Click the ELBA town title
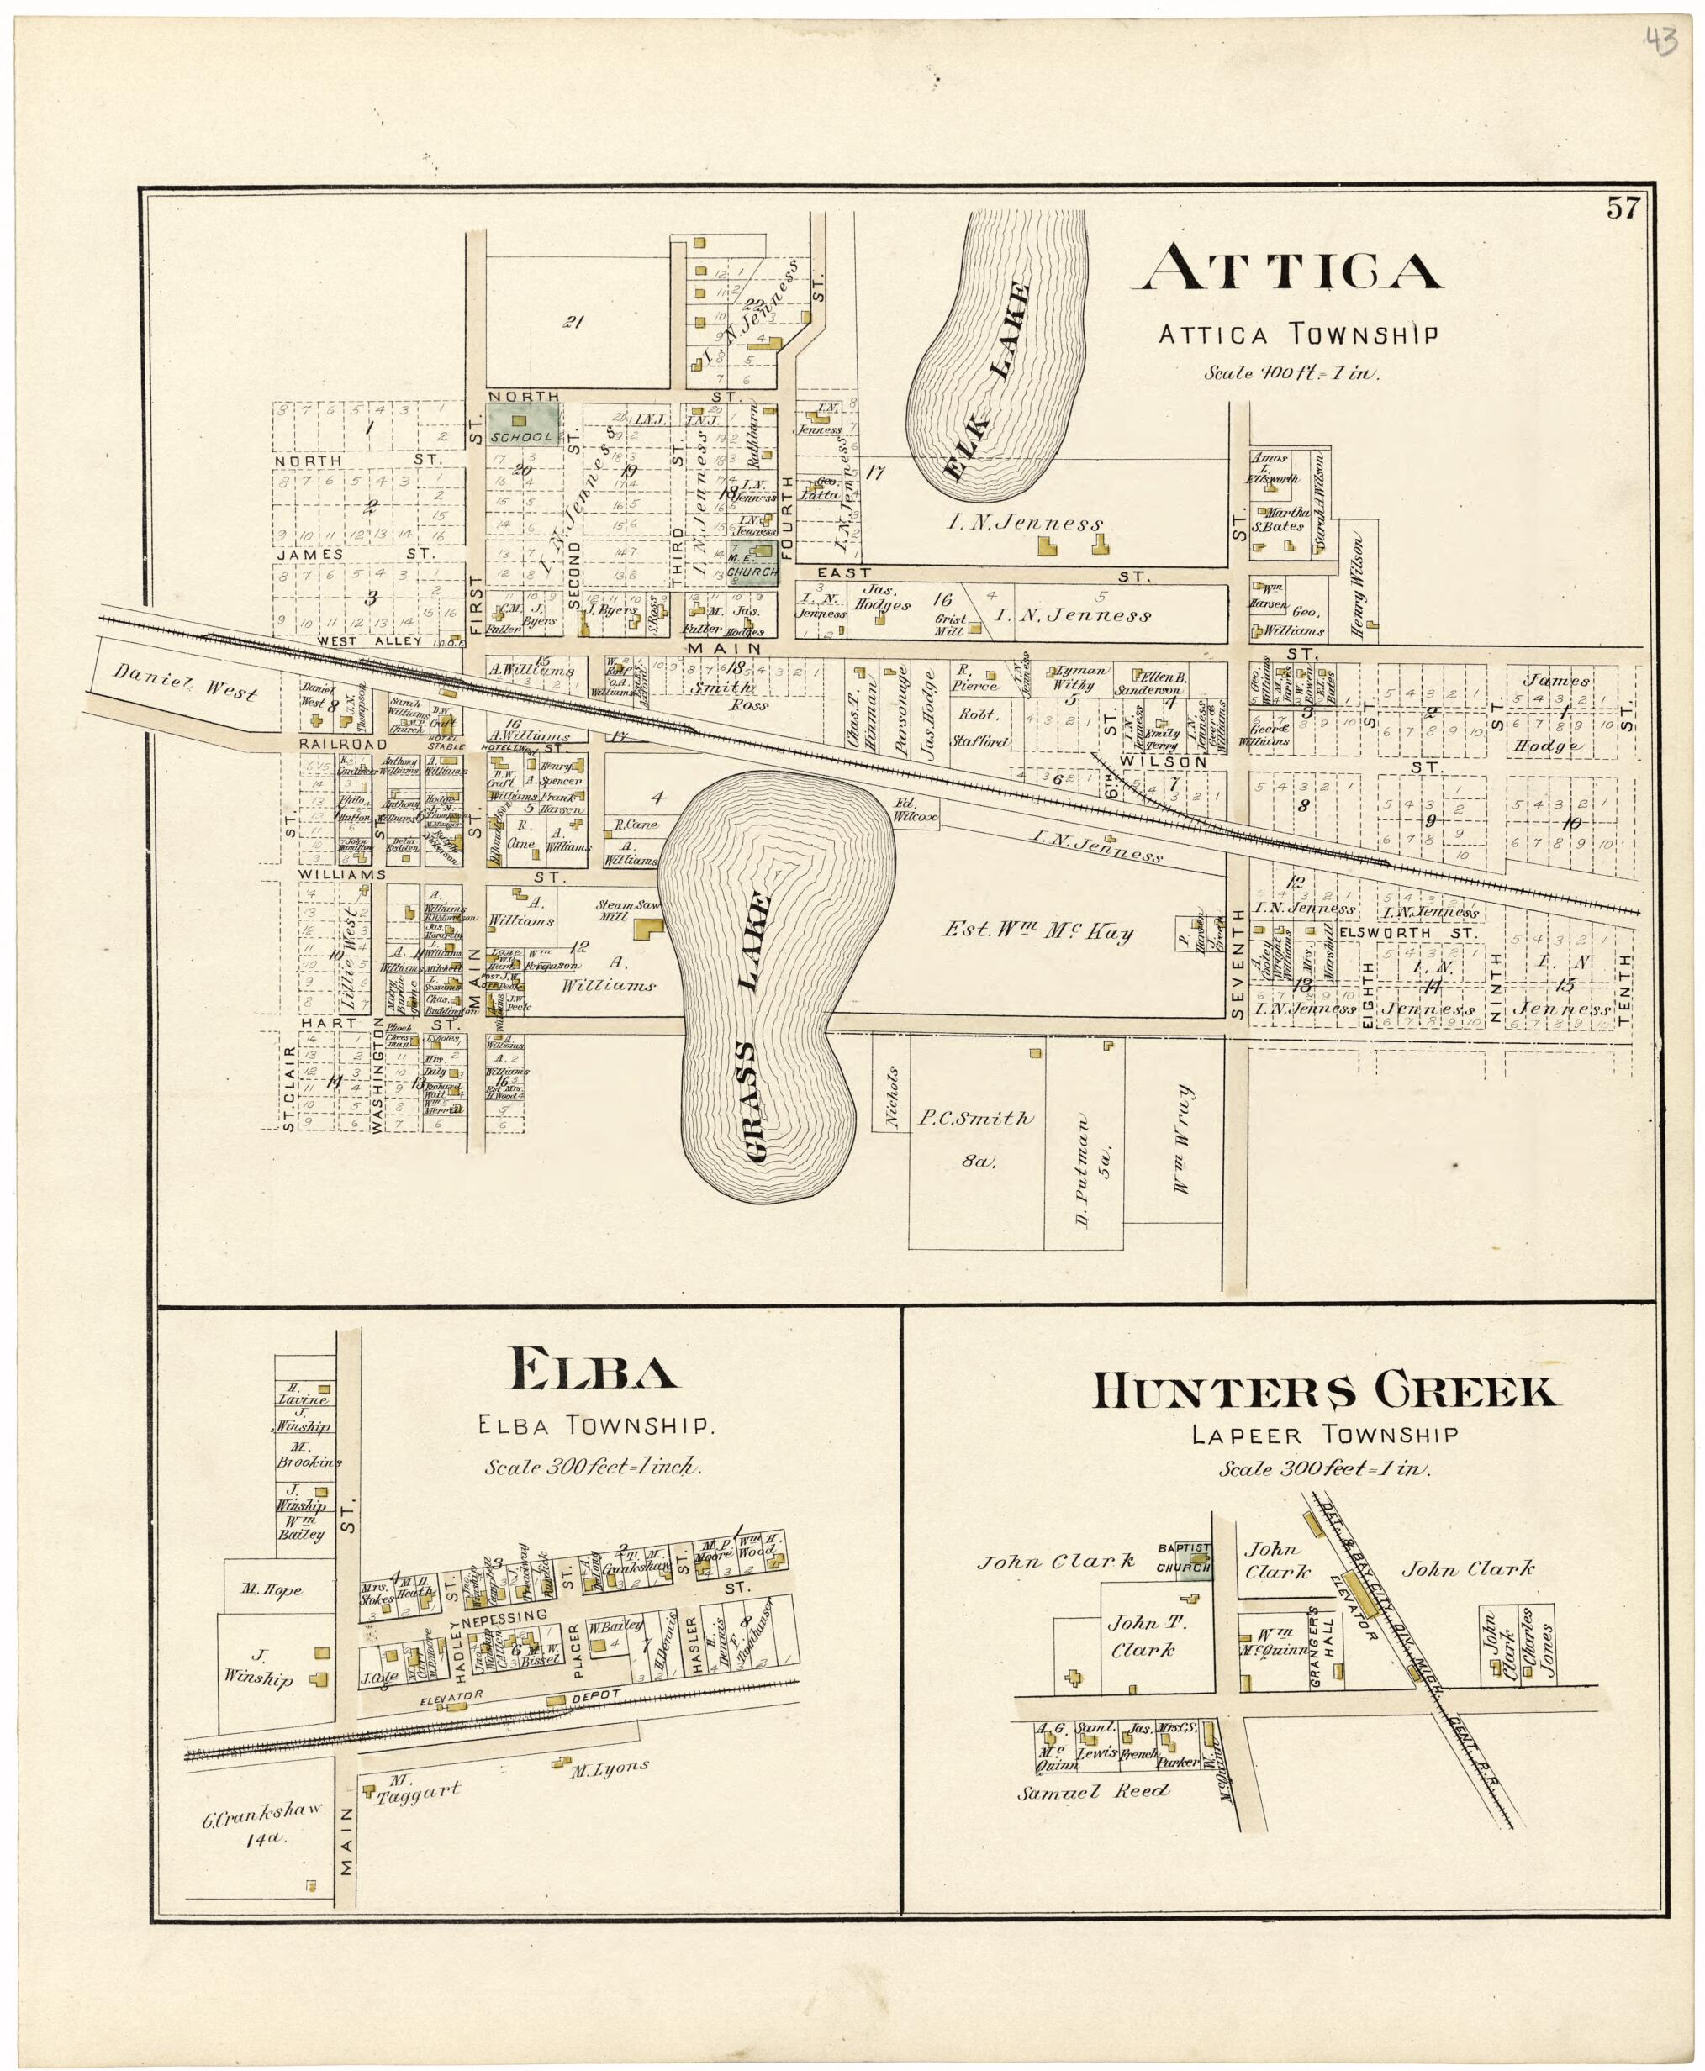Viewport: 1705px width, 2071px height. [591, 1370]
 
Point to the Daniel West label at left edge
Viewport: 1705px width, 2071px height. [187, 682]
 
